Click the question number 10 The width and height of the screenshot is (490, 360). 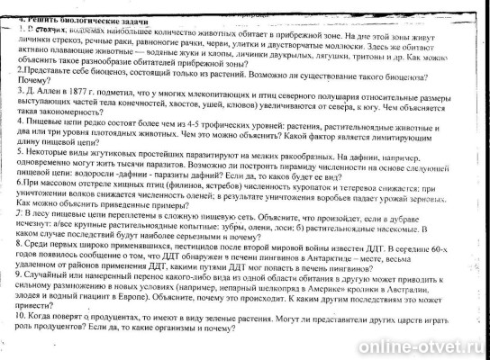9,331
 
